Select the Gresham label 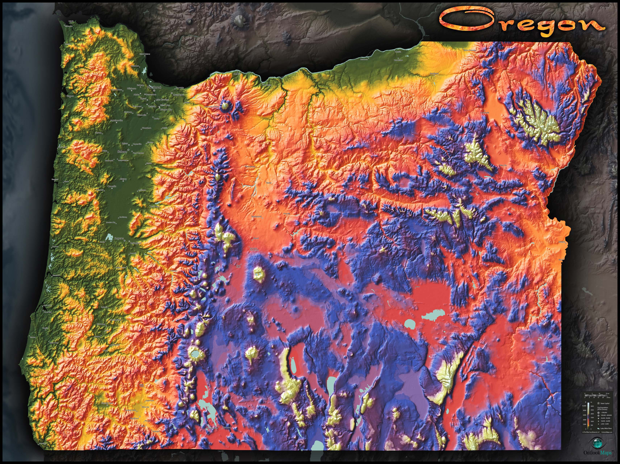click(178, 95)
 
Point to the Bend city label click(256, 238)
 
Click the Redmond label click(256, 217)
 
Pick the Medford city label click(134, 418)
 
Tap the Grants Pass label click(107, 403)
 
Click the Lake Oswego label click(162, 100)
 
